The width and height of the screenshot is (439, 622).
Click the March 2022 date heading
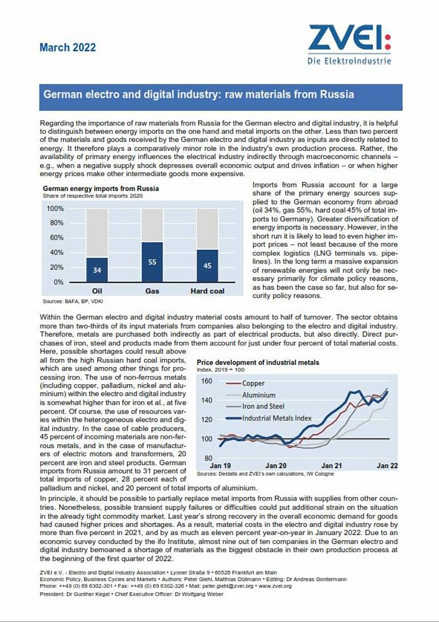point(67,47)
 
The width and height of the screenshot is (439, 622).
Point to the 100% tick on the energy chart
point(54,209)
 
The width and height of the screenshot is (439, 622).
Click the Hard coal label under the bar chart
point(207,291)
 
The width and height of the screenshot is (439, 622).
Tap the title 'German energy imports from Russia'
point(101,189)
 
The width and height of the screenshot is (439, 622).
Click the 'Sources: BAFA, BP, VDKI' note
point(73,301)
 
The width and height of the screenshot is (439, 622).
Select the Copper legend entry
point(253,384)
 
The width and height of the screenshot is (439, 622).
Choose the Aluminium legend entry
point(258,395)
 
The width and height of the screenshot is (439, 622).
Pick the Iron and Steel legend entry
point(263,406)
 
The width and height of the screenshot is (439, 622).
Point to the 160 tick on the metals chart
point(207,381)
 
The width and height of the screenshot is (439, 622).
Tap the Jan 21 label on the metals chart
point(332,466)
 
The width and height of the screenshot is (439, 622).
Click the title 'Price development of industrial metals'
point(258,362)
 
